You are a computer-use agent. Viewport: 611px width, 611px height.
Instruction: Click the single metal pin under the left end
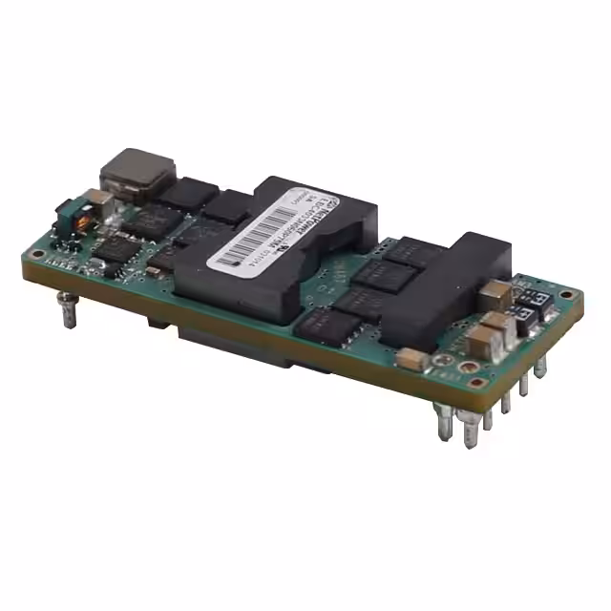(69, 307)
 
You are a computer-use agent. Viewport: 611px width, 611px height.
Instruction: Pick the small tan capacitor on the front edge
(412, 359)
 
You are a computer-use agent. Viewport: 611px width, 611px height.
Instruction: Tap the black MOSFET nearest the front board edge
(323, 325)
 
